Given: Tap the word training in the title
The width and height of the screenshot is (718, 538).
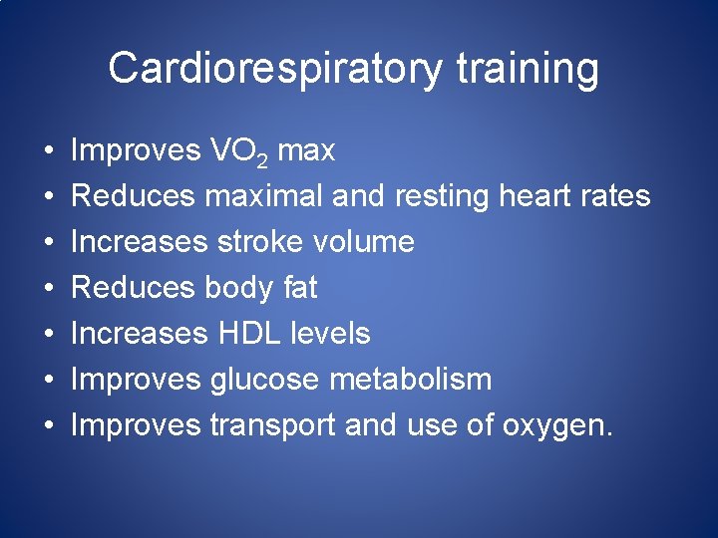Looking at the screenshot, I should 528,69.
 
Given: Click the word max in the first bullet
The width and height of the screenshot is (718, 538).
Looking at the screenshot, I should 306,151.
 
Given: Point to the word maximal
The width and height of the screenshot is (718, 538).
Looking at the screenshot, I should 263,196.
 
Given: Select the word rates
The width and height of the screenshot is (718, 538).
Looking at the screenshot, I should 613,197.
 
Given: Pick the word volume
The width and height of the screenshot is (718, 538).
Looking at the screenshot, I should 364,242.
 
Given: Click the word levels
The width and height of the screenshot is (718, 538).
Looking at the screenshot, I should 329,334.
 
